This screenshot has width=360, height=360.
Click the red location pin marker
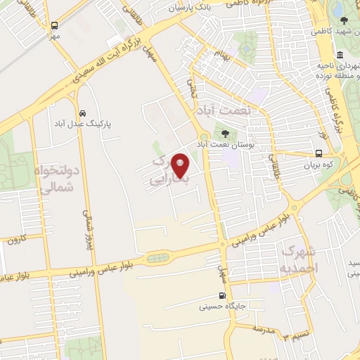pyautogui.click(x=181, y=165)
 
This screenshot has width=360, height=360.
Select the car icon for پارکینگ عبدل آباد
pyautogui.click(x=83, y=112)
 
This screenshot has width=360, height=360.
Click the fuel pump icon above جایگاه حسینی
pyautogui.click(x=223, y=296)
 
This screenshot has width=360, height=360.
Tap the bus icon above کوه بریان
pyautogui.click(x=319, y=154)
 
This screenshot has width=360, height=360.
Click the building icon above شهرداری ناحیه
pyautogui.click(x=340, y=56)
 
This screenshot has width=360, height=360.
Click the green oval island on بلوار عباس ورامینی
pyautogui.click(x=158, y=257)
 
